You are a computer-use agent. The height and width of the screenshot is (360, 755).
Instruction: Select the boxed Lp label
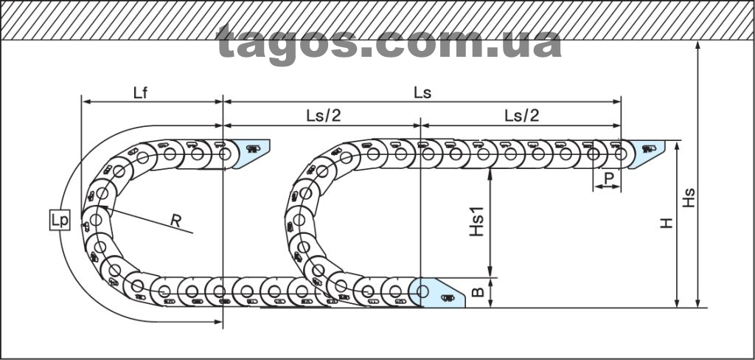[60, 221]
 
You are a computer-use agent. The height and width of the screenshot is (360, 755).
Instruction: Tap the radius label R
[175, 221]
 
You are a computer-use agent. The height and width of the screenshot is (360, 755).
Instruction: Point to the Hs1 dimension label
[477, 223]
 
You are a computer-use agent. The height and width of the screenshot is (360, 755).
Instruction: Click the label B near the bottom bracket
[477, 292]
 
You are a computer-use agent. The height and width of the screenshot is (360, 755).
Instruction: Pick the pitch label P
[608, 178]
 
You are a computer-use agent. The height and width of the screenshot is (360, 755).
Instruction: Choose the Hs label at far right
[689, 198]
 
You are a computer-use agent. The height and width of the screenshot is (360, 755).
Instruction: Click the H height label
[667, 223]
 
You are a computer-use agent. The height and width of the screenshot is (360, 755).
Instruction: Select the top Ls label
[422, 92]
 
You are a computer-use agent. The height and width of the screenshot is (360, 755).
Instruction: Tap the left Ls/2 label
[323, 116]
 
